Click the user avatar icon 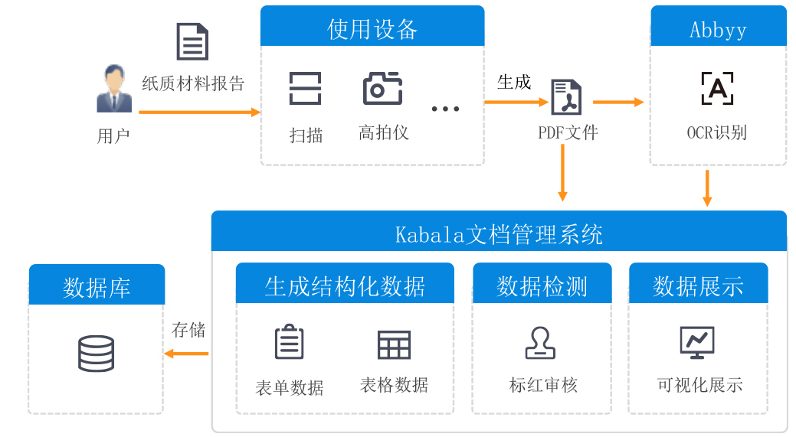pyautogui.click(x=114, y=89)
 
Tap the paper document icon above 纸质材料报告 pyautogui.click(x=192, y=41)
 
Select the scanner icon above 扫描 pyautogui.click(x=306, y=89)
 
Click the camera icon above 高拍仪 pyautogui.click(x=382, y=89)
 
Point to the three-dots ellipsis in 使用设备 pyautogui.click(x=445, y=109)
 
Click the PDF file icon pyautogui.click(x=567, y=97)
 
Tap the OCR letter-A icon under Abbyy pyautogui.click(x=717, y=89)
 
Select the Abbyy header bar pyautogui.click(x=718, y=29)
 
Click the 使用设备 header pyautogui.click(x=372, y=29)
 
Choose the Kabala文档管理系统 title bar pyautogui.click(x=499, y=233)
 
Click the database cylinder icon pyautogui.click(x=97, y=354)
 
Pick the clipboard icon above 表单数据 pyautogui.click(x=290, y=342)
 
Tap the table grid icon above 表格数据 pyautogui.click(x=395, y=344)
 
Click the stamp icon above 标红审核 pyautogui.click(x=541, y=343)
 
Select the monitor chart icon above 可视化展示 pyautogui.click(x=697, y=342)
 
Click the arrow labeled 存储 pyautogui.click(x=187, y=354)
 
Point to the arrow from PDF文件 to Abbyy pyautogui.click(x=617, y=102)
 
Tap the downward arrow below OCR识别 pyautogui.click(x=707, y=188)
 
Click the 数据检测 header pyautogui.click(x=542, y=285)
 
